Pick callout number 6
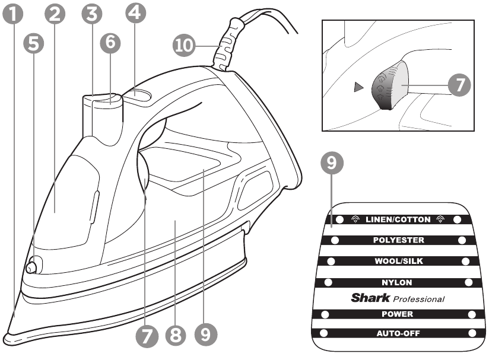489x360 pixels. [110, 43]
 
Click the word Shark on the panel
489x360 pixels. [370, 298]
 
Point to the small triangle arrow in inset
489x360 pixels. [357, 88]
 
